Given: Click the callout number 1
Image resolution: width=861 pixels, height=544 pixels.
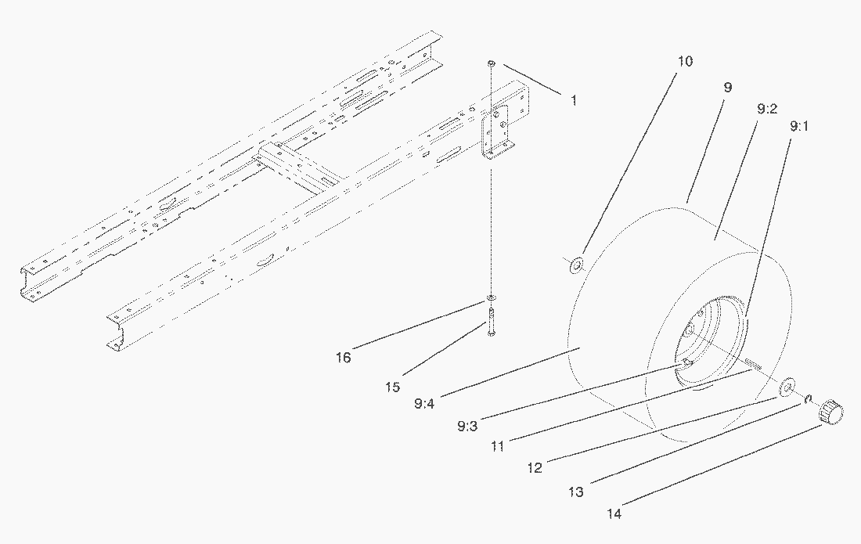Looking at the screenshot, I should pyautogui.click(x=573, y=100).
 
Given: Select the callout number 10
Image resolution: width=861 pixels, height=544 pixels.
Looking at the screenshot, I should pyautogui.click(x=684, y=62).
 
